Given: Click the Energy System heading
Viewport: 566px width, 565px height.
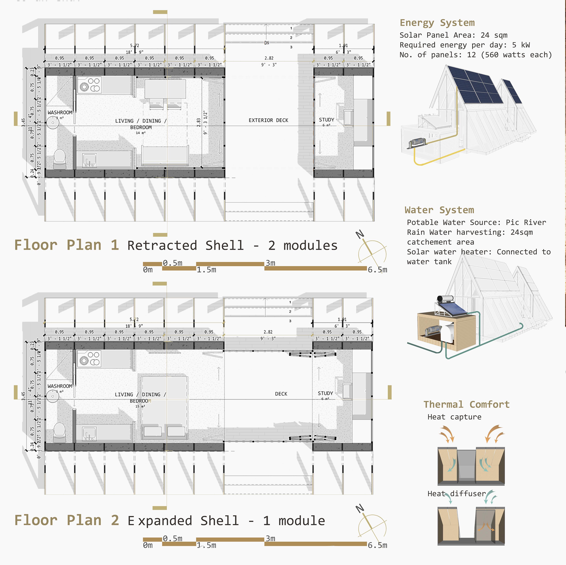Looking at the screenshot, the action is [x=437, y=23].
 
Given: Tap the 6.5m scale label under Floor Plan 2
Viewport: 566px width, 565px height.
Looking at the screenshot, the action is [x=377, y=545].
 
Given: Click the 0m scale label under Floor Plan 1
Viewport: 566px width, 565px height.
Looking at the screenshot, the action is [x=148, y=270].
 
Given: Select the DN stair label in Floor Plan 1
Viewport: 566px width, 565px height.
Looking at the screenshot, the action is [x=267, y=43].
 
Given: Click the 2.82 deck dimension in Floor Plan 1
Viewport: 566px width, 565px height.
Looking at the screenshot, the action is [x=269, y=58].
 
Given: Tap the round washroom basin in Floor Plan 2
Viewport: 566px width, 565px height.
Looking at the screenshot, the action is [x=53, y=396].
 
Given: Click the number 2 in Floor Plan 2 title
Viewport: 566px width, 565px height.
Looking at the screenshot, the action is [x=115, y=520].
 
